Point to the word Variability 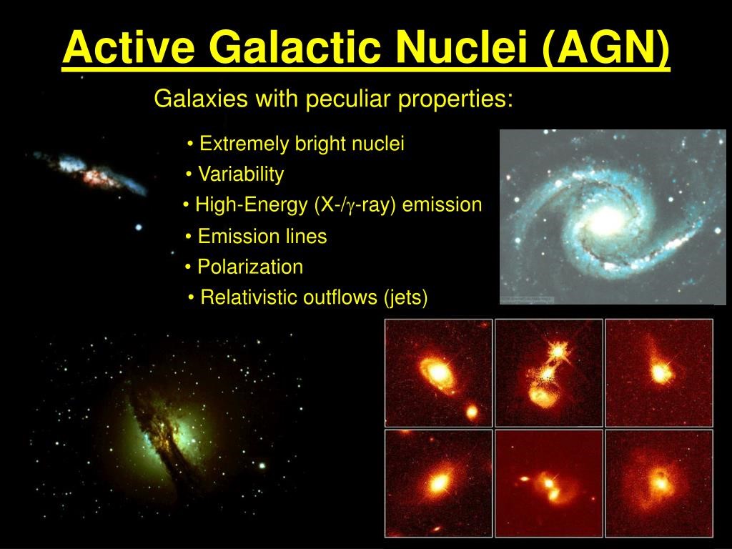click(241, 174)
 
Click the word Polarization click(250, 267)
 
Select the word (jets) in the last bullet click(405, 297)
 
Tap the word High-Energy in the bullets click(251, 205)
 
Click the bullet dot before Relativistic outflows click(191, 297)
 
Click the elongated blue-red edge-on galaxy click(91, 173)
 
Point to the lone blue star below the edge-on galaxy click(138, 228)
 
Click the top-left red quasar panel click(438, 372)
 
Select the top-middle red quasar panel click(548, 372)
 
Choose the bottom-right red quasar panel click(659, 483)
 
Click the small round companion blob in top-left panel click(472, 412)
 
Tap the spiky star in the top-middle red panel click(558, 349)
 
